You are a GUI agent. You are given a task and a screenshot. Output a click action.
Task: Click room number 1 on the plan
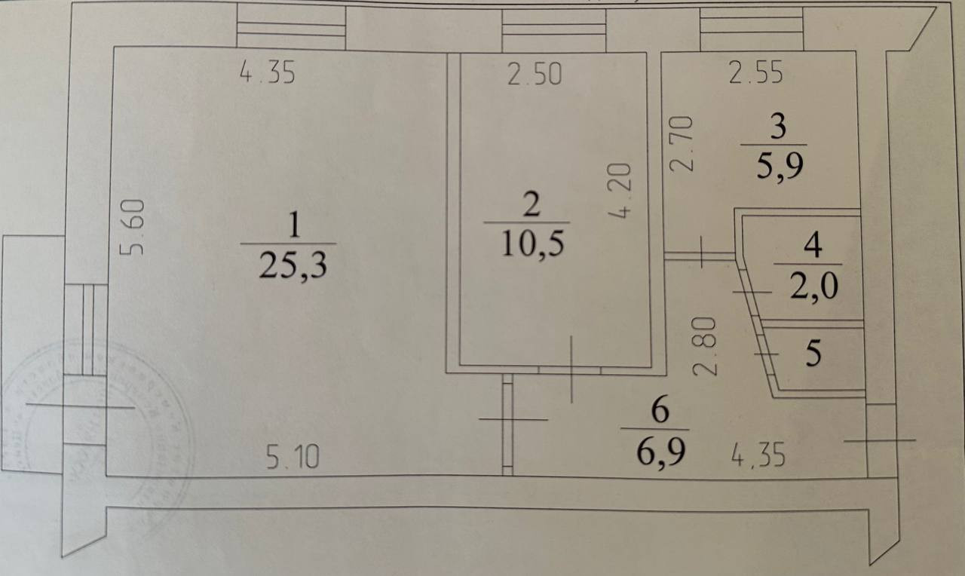click(294, 224)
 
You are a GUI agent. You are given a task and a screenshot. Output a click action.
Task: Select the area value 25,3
click(293, 265)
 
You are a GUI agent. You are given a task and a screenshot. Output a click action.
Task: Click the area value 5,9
click(780, 166)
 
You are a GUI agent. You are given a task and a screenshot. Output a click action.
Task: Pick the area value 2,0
click(813, 287)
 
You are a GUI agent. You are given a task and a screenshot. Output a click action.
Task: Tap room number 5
click(813, 354)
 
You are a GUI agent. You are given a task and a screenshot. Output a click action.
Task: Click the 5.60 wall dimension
click(133, 226)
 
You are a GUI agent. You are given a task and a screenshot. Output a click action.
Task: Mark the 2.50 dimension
click(535, 75)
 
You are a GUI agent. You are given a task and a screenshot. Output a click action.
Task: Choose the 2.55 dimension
click(755, 74)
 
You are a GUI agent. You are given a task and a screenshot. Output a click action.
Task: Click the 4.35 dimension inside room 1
click(267, 74)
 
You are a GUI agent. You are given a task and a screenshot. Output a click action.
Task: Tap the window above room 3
click(751, 29)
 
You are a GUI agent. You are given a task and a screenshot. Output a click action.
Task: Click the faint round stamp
click(98, 422)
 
